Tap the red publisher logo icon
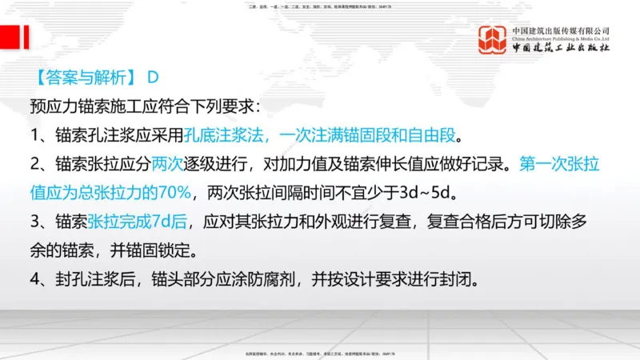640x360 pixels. [493, 38]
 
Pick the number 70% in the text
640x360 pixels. [174, 192]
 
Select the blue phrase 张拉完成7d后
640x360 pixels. [139, 222]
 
